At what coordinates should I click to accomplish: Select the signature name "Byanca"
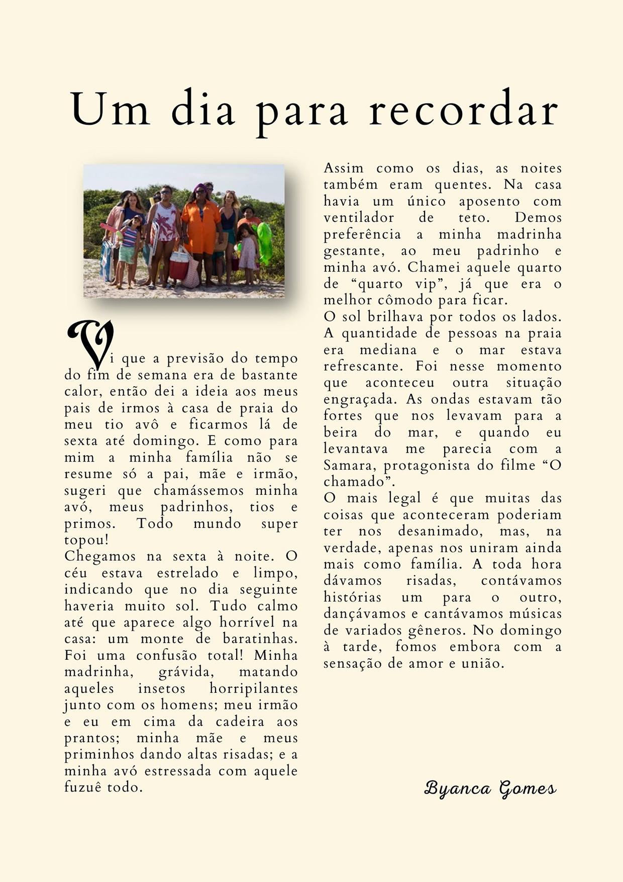457,788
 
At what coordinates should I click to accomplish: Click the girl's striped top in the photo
129,236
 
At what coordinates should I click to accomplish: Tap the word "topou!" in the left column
86,540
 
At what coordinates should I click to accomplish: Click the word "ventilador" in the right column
359,218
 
